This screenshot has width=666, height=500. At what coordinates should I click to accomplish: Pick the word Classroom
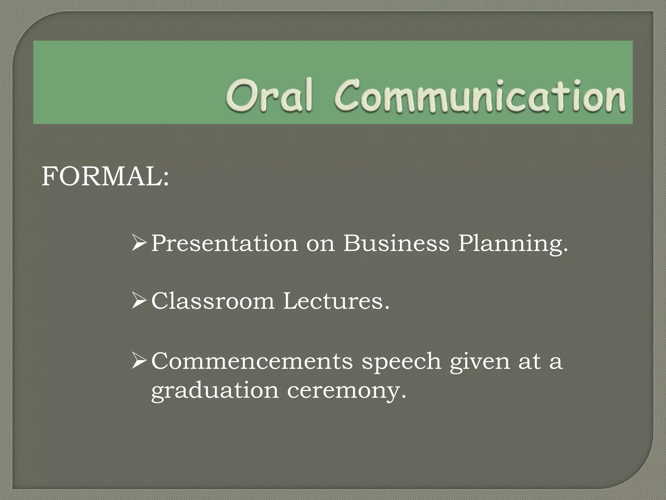[213, 301]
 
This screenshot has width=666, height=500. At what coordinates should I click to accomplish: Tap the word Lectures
[336, 301]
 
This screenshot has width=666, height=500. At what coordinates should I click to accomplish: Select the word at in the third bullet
[529, 362]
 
